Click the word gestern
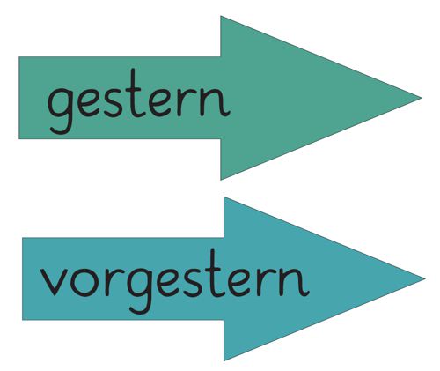(x=138, y=101)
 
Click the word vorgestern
(x=174, y=281)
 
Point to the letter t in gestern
(x=135, y=93)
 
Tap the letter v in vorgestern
(x=55, y=281)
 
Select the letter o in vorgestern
(x=84, y=281)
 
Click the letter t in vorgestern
(x=215, y=272)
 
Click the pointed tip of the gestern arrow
(x=422, y=98)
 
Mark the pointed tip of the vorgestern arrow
(x=425, y=278)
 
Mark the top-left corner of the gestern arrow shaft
(x=19, y=57)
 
